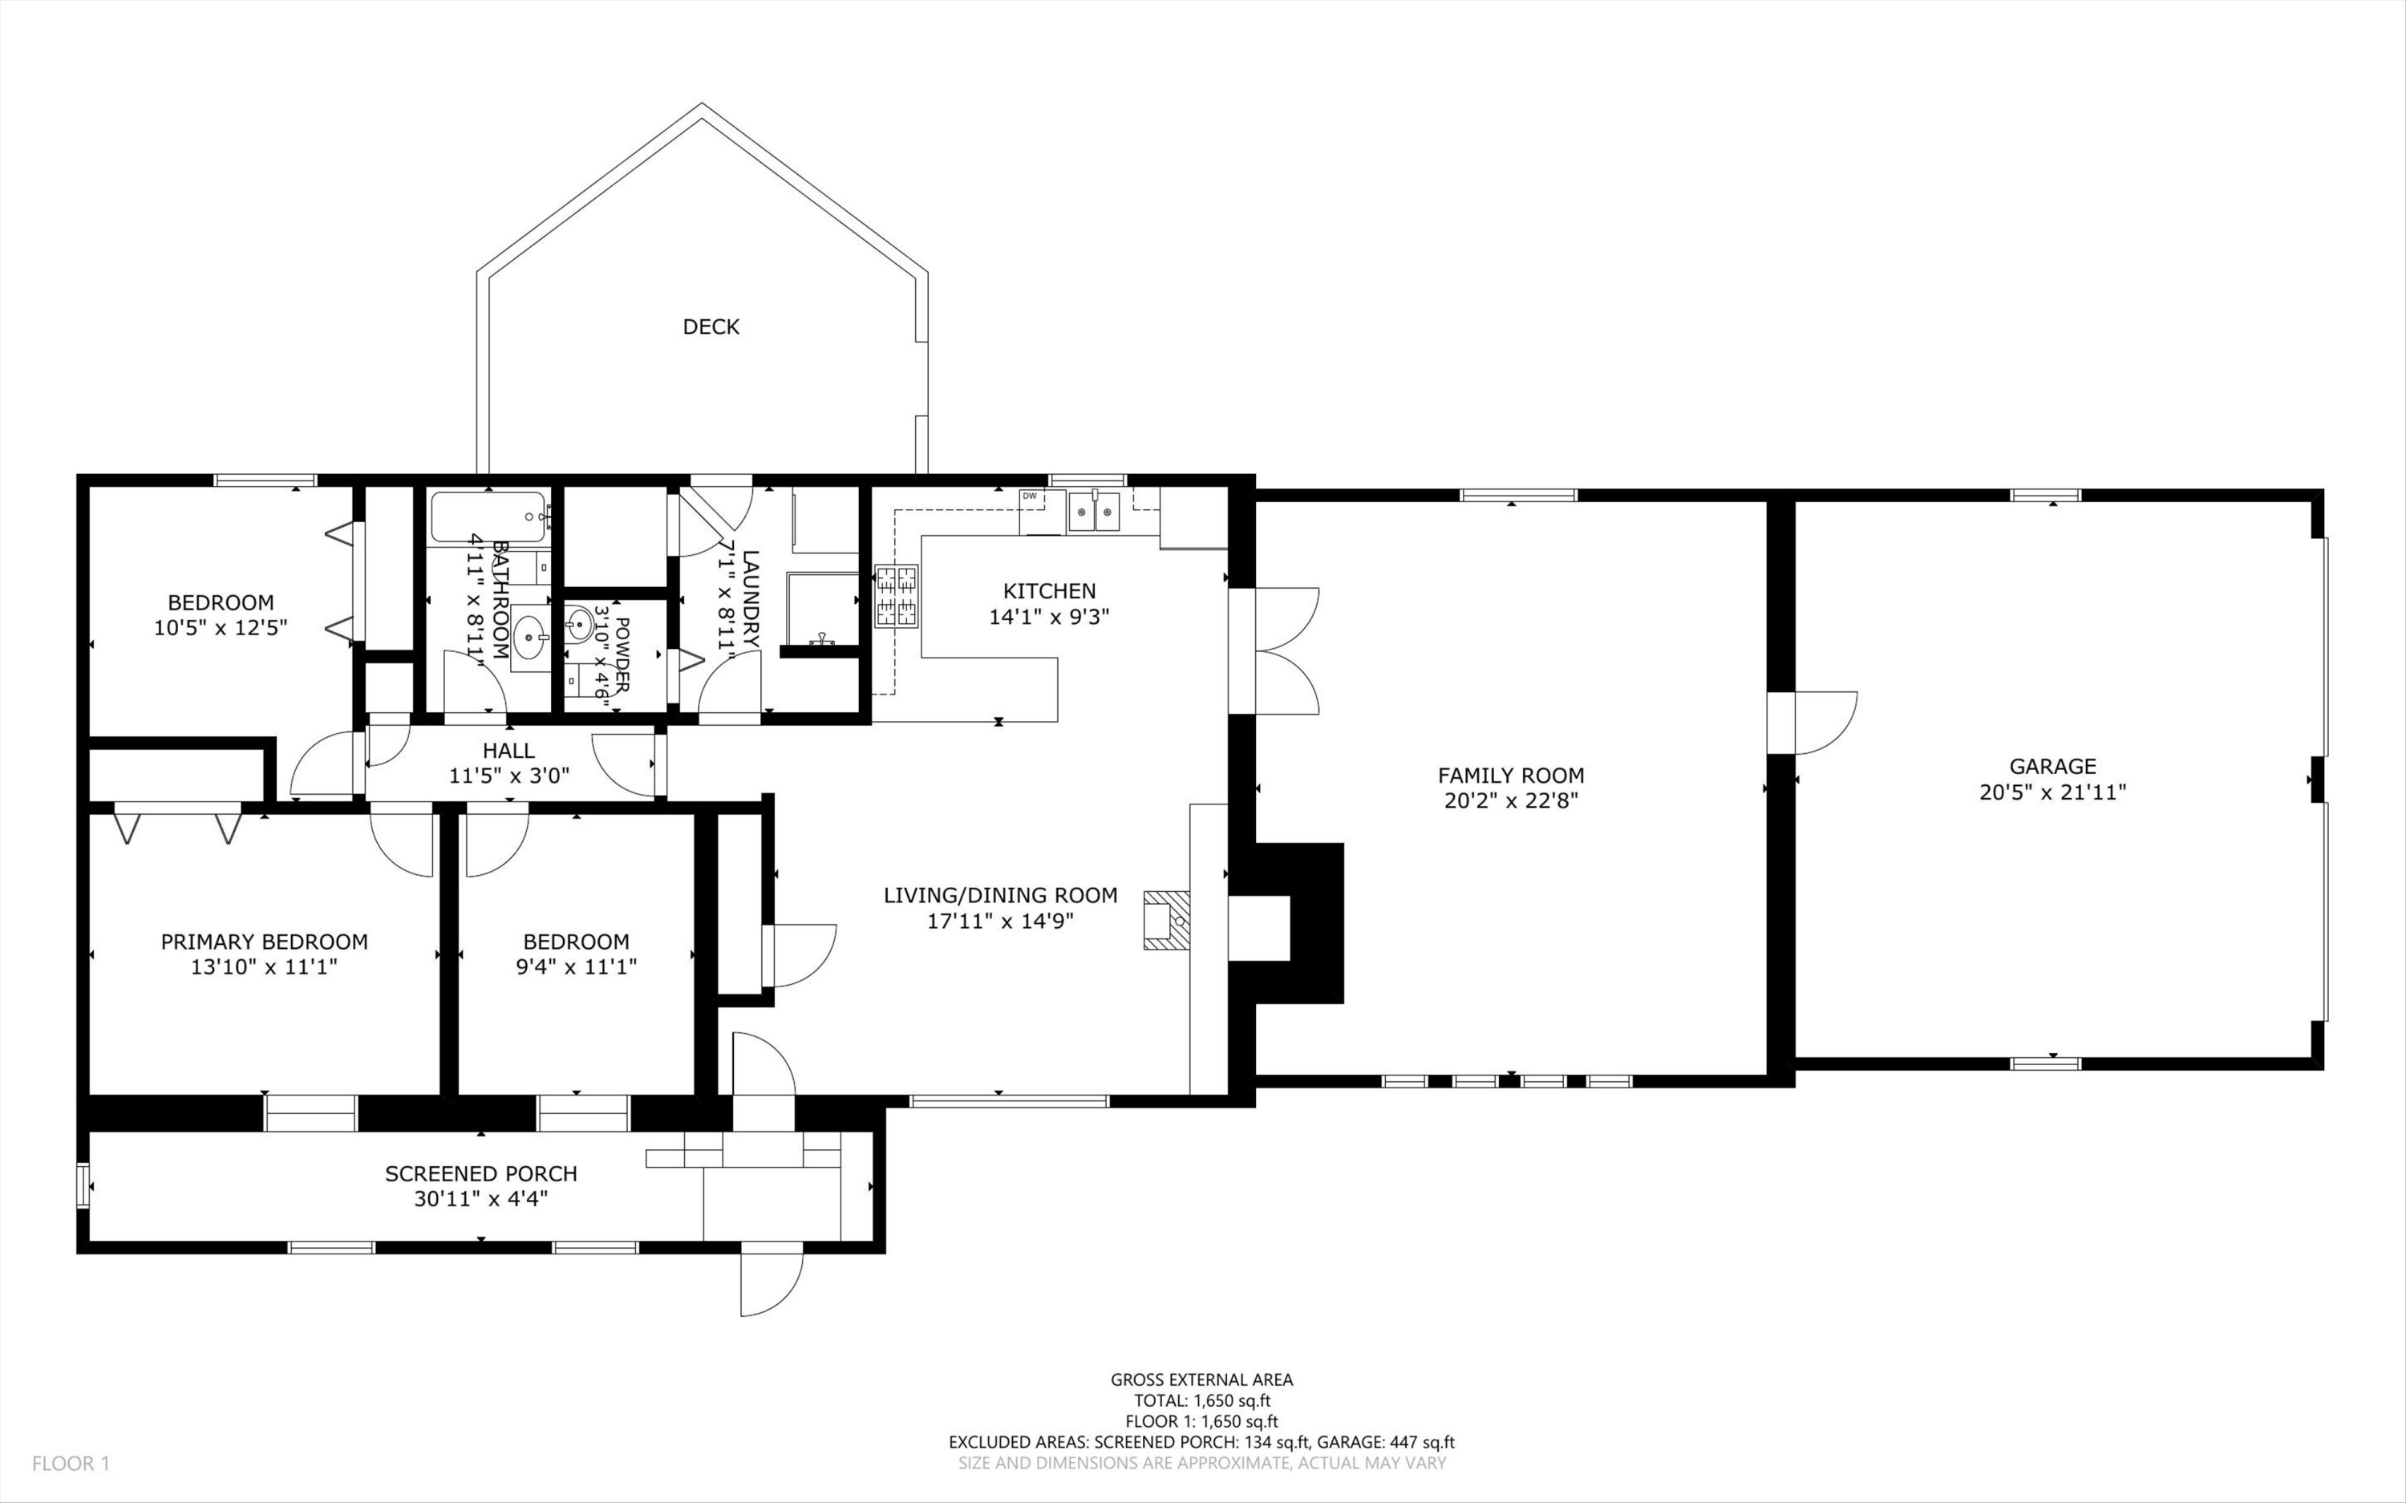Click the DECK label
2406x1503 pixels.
click(711, 327)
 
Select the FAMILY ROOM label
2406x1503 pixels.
click(1511, 776)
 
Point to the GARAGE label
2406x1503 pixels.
click(2052, 767)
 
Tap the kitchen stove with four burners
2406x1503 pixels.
click(897, 597)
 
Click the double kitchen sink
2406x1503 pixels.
click(1094, 512)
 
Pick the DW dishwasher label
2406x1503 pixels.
click(1030, 496)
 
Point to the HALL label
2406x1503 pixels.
click(508, 751)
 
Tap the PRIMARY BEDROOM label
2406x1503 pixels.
click(265, 942)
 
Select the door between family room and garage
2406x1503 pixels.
click(1812, 723)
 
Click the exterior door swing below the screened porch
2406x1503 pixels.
click(770, 1279)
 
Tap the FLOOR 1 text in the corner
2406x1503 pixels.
click(71, 1463)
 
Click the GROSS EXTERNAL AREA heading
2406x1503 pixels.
click(1201, 1379)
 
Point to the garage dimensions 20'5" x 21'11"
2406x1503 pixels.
click(2052, 792)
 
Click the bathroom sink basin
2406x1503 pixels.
click(529, 637)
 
